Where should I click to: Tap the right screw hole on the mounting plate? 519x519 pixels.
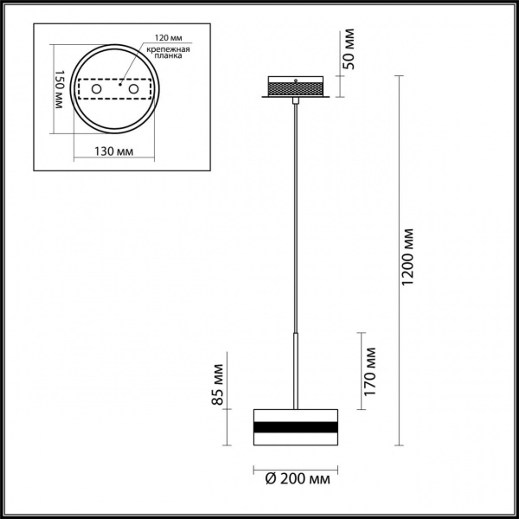pyautogui.click(x=133, y=89)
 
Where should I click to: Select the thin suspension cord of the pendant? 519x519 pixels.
pyautogui.click(x=296, y=216)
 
